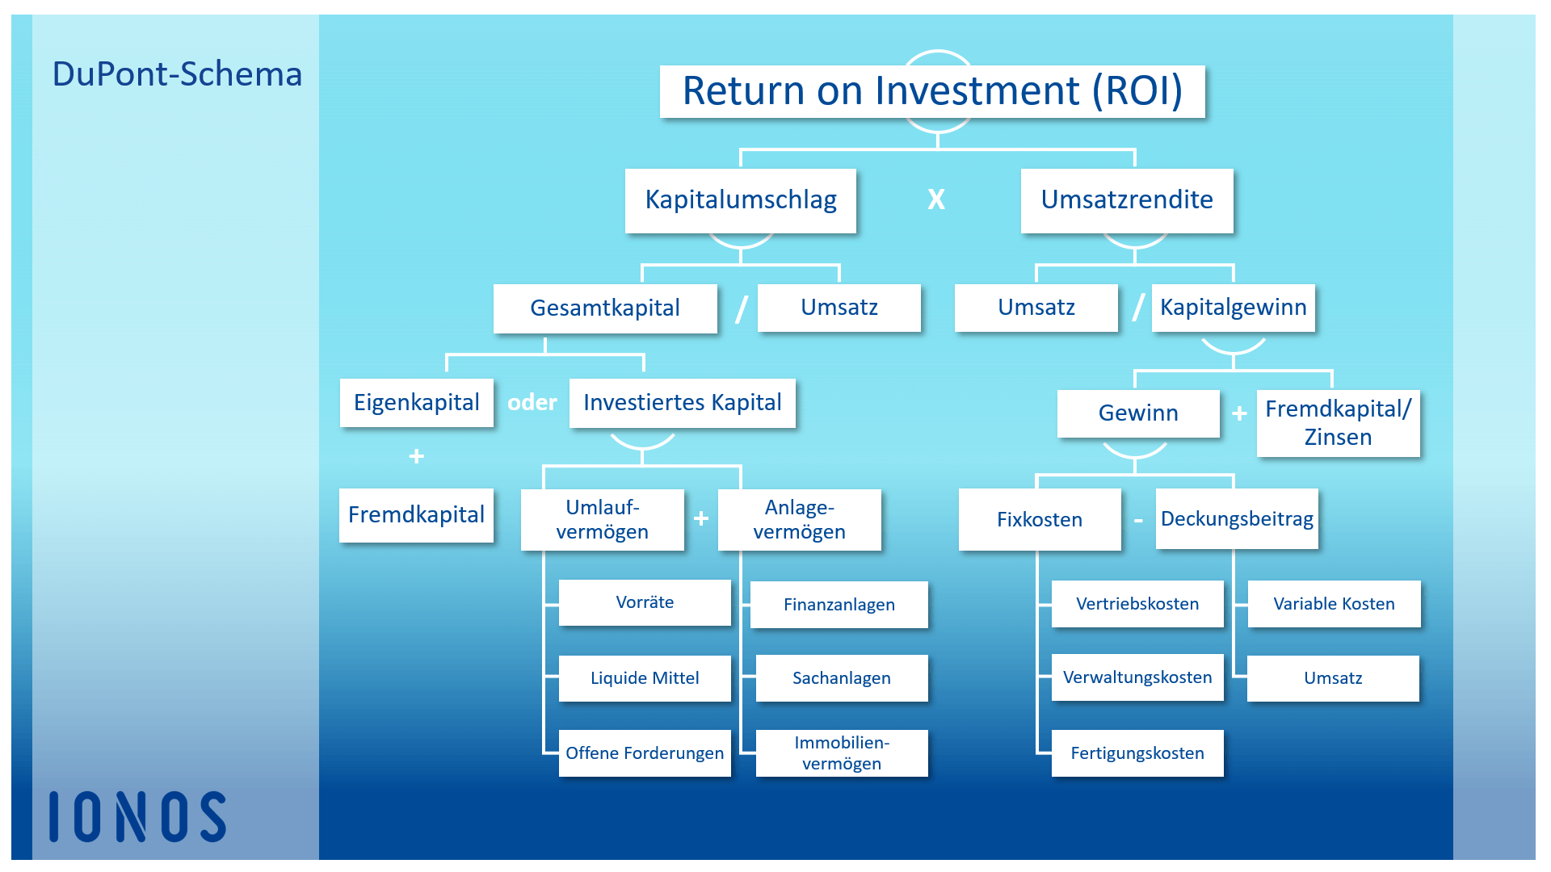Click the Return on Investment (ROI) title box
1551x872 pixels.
[x=932, y=91]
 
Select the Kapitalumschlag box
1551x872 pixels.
[x=741, y=200]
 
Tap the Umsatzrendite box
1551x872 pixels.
[x=1127, y=200]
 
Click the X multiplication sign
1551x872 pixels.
[x=936, y=199]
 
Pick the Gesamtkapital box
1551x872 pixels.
[x=605, y=308]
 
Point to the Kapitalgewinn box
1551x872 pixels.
[x=1234, y=308]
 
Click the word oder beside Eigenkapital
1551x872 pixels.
[x=532, y=402]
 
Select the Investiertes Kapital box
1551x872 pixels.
[x=683, y=403]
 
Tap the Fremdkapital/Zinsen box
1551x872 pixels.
[x=1339, y=423]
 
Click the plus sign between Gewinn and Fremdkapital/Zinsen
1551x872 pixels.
[x=1239, y=413]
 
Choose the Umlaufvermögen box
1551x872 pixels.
[x=603, y=519]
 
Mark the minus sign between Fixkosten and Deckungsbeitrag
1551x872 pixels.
[x=1138, y=522]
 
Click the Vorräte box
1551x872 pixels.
[x=645, y=602]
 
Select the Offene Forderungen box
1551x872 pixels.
[x=645, y=753]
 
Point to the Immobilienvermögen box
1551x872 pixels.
[x=842, y=753]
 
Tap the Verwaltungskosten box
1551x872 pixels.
[x=1137, y=677]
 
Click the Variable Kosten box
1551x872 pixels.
[x=1335, y=604]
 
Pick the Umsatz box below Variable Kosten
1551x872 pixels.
[x=1333, y=678]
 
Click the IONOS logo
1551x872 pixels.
[x=137, y=816]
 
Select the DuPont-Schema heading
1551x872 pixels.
[x=177, y=74]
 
